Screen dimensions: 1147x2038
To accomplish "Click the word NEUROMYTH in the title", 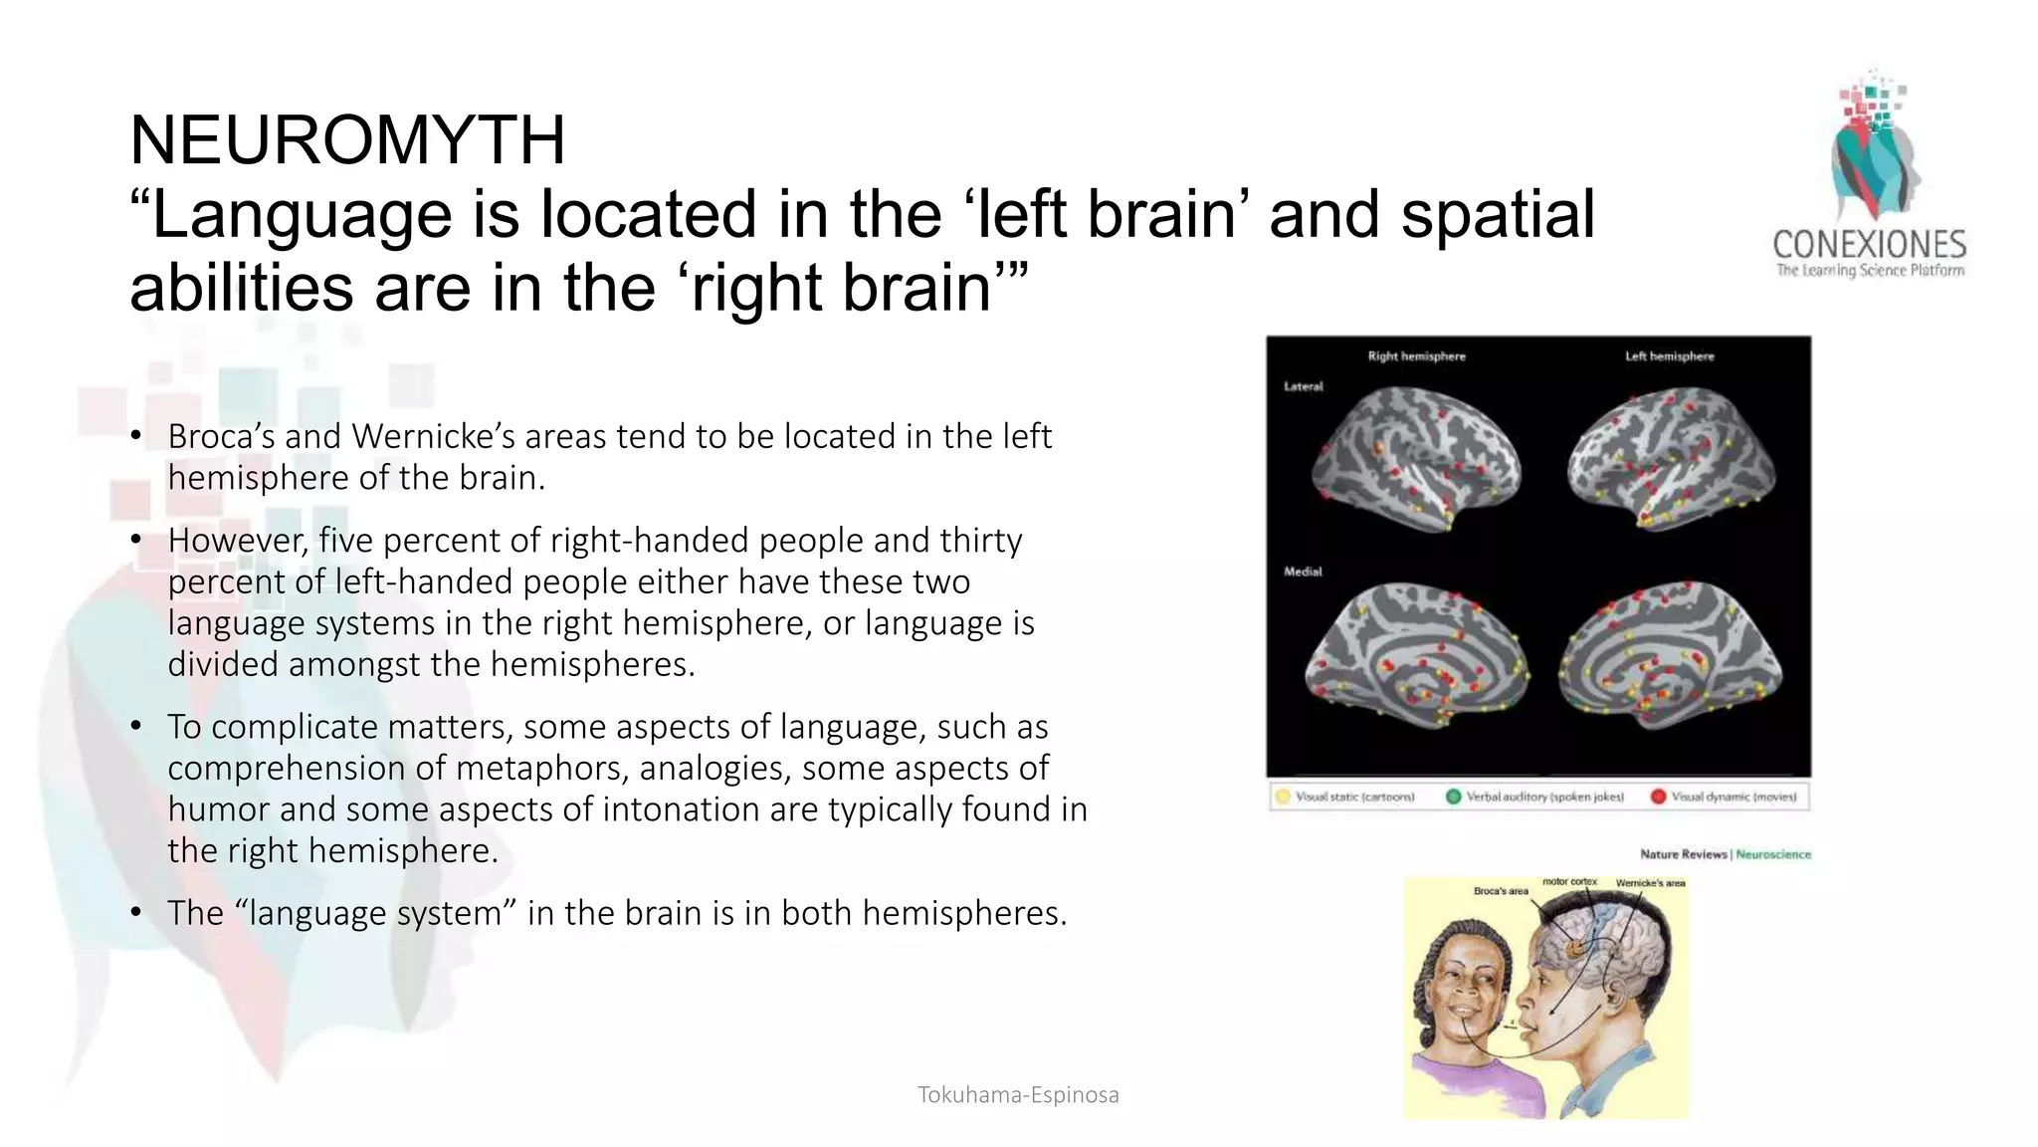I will coord(347,140).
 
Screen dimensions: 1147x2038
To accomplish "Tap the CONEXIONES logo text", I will coord(1869,245).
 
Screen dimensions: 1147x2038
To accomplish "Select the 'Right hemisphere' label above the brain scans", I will coord(1416,356).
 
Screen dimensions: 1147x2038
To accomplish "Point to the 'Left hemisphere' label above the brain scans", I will coord(1669,356).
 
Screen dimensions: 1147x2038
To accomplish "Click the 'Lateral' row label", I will coord(1304,386).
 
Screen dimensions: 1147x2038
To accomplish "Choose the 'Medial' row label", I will coord(1303,572).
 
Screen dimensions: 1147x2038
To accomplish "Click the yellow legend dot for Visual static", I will coord(1283,797).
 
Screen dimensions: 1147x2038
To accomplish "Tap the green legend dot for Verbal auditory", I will coord(1453,797).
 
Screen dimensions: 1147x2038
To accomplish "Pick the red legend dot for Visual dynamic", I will coord(1658,797).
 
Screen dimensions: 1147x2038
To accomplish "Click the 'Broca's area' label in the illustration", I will coord(1501,891).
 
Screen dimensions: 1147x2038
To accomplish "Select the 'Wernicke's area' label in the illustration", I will coord(1650,883).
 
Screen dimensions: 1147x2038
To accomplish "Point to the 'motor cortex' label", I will coord(1569,882).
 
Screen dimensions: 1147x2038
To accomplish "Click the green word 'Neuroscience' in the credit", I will coord(1773,854).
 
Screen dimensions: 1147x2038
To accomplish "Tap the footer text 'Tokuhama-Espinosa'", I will coord(1018,1095).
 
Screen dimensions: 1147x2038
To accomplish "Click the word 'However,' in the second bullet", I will coord(239,541).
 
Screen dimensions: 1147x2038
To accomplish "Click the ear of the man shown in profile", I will coord(1620,996).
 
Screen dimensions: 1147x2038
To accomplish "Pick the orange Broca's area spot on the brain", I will coord(1573,947).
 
